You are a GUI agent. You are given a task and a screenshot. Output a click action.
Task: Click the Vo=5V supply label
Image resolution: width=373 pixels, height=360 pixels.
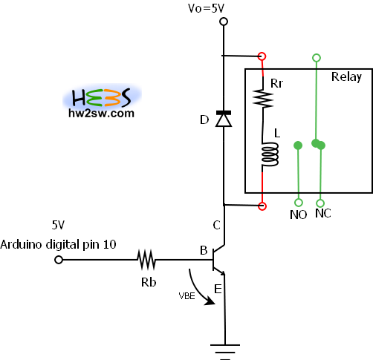206,8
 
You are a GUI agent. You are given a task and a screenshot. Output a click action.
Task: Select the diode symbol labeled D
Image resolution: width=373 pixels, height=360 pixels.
224,119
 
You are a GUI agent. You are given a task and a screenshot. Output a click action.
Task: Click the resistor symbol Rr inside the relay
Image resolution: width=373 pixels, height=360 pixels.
263,99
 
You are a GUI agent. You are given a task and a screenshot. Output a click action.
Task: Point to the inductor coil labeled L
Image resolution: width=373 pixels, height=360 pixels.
270,154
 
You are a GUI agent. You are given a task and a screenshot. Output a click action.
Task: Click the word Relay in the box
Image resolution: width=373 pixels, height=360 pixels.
346,77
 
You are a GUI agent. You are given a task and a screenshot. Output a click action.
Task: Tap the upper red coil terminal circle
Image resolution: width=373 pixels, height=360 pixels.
262,56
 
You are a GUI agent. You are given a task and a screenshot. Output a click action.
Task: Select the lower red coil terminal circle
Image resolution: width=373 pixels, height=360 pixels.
262,206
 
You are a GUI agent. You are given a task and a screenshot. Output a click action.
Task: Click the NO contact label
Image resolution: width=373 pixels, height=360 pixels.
299,215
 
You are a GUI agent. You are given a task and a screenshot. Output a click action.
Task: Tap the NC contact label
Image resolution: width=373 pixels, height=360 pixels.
323,213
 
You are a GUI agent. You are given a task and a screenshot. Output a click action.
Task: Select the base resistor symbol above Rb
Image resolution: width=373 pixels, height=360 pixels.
146,260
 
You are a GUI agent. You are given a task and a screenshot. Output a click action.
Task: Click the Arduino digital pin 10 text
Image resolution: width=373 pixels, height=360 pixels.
58,244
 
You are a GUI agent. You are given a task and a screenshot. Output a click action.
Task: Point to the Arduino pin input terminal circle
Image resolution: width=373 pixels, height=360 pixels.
59,260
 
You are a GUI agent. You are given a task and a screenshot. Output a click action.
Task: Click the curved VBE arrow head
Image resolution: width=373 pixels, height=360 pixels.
210,301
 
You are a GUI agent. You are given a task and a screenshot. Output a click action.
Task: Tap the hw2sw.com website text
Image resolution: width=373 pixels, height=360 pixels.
101,114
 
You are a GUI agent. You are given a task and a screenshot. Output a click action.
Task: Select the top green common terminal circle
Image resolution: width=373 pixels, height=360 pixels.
317,58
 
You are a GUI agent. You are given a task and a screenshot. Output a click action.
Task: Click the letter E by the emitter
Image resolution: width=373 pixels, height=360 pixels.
218,289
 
